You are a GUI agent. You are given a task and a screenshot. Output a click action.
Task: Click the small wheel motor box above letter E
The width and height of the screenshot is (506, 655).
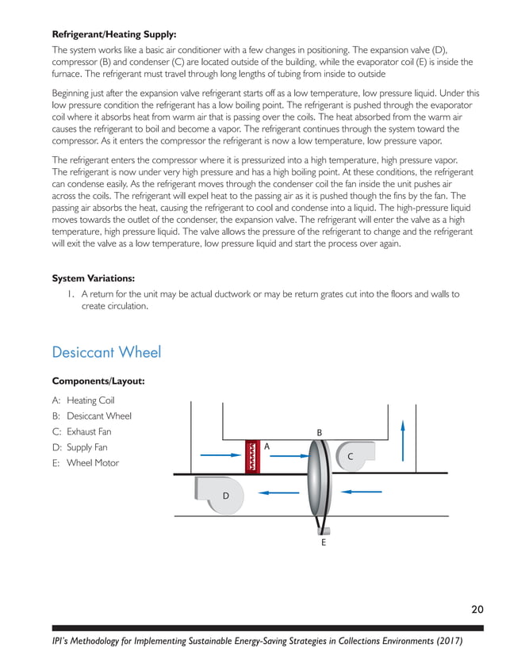pos(324,531)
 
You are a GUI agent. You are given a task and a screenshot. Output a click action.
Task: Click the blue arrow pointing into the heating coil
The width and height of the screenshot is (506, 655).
pos(220,455)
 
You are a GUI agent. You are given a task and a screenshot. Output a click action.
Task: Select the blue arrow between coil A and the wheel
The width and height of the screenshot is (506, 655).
pos(286,455)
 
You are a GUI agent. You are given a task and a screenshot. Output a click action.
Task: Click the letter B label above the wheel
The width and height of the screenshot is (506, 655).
pos(320,432)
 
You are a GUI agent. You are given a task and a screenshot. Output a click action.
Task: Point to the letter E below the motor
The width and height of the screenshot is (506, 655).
pos(324,544)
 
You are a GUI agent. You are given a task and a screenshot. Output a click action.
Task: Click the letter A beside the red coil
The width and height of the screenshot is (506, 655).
pos(267,446)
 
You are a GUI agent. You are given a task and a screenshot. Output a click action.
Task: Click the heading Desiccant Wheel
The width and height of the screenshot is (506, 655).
pos(106,351)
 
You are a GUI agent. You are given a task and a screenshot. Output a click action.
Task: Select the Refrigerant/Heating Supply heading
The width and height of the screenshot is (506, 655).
pos(114,34)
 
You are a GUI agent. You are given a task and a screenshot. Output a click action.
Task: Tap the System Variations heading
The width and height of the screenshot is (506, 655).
pos(93,278)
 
